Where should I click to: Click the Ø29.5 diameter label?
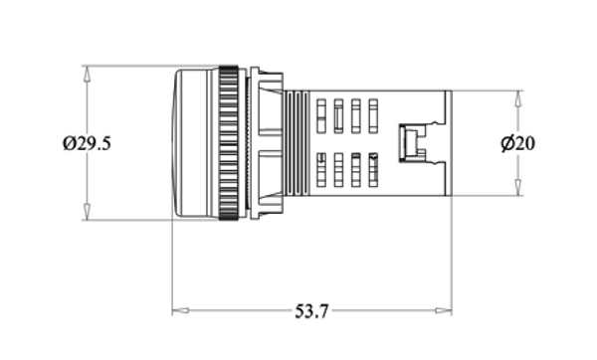pyautogui.click(x=87, y=143)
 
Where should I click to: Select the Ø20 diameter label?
pyautogui.click(x=517, y=143)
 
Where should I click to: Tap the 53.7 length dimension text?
pyautogui.click(x=311, y=311)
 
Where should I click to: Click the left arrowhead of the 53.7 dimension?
pyautogui.click(x=180, y=310)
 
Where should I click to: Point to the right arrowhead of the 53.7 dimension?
pyautogui.click(x=444, y=310)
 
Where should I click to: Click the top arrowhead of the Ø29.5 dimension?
pyautogui.click(x=87, y=74)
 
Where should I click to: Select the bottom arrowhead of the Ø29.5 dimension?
pyautogui.click(x=87, y=212)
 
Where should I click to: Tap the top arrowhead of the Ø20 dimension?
pyautogui.click(x=517, y=98)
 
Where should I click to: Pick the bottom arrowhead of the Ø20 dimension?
pyautogui.click(x=517, y=188)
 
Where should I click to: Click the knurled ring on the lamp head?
pyautogui.click(x=229, y=143)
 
